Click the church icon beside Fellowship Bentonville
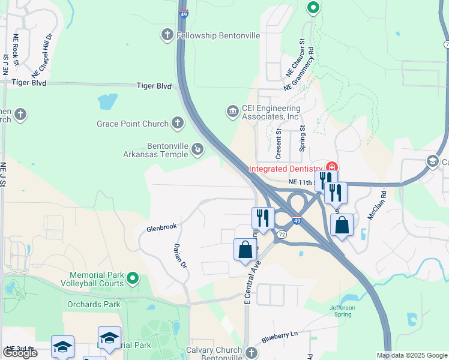(168, 35)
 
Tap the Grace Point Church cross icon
(177, 124)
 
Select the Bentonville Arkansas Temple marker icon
(197, 152)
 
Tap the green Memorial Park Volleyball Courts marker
(133, 278)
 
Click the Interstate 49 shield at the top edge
(182, 12)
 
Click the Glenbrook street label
(161, 227)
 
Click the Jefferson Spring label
(342, 311)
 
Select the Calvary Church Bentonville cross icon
(252, 354)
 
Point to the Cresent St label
(279, 143)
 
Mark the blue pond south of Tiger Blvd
(107, 101)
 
